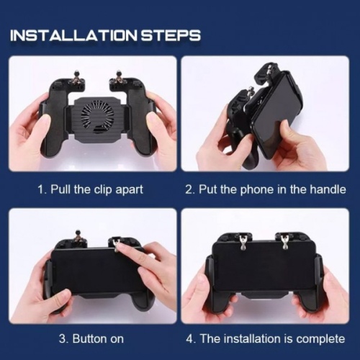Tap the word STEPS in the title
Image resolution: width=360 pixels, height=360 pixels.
(171, 35)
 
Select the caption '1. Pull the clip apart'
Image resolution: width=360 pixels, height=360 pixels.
(91, 189)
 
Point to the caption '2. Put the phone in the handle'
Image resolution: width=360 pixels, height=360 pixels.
(266, 189)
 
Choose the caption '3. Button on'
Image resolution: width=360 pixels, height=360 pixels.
(91, 339)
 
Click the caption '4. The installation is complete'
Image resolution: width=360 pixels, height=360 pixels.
(266, 339)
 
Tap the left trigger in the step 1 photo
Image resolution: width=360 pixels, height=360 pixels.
(77, 78)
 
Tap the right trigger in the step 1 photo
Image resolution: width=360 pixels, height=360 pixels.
(118, 78)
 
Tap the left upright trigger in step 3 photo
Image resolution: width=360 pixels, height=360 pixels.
(77, 239)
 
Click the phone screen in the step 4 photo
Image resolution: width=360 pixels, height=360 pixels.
(264, 266)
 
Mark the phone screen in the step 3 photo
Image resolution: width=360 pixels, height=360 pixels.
(96, 271)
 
